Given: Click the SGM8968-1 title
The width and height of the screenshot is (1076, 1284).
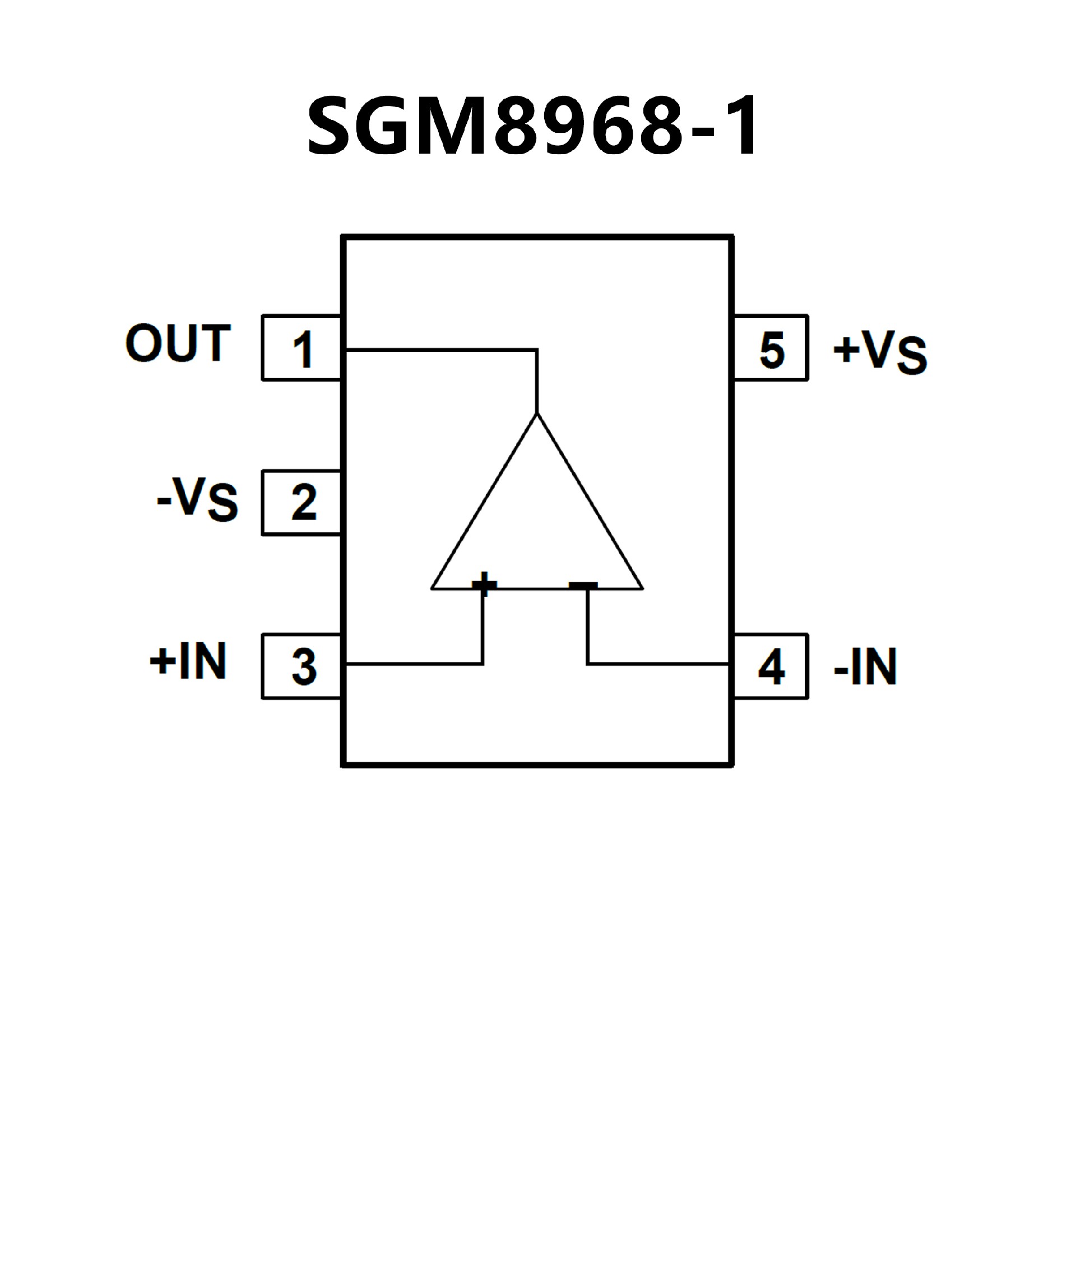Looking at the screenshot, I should [x=532, y=127].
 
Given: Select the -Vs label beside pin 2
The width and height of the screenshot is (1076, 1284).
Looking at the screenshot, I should [x=197, y=499].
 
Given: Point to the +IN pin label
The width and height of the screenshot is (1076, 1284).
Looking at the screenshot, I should [x=188, y=661].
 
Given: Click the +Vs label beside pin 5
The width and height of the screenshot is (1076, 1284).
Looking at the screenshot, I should [x=880, y=352].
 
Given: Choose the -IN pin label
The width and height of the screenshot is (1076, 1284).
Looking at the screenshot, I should [x=865, y=666].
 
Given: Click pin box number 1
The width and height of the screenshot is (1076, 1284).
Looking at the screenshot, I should [x=302, y=349].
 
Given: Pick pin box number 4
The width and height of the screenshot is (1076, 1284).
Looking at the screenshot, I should [x=771, y=666].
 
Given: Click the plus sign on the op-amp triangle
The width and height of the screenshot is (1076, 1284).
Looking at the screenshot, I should [x=484, y=584].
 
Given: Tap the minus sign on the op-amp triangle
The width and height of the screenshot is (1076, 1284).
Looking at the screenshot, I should [x=583, y=585].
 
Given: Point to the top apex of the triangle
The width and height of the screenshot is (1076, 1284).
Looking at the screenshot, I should [x=537, y=415].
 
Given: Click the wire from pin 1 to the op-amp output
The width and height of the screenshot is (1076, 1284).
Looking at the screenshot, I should [x=440, y=350].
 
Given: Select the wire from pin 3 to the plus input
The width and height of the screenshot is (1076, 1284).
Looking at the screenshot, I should [x=416, y=664].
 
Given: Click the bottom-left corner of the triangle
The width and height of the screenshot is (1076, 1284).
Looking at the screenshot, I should [x=433, y=588].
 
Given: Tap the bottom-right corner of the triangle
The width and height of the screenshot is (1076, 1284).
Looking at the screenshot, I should [x=642, y=588].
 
